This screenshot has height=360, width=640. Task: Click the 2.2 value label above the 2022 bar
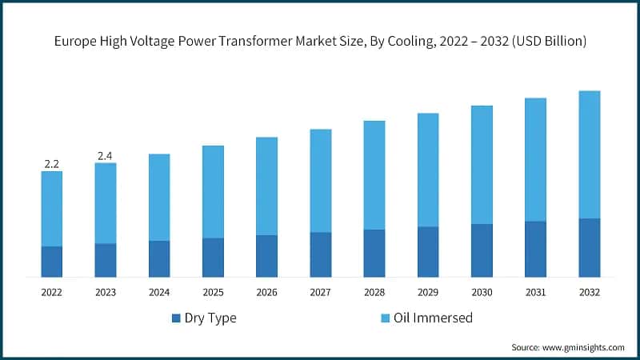point(52,164)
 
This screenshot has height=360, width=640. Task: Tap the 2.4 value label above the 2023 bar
point(105,155)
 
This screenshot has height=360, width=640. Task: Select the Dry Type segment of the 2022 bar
point(52,262)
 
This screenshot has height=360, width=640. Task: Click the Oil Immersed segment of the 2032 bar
point(589,154)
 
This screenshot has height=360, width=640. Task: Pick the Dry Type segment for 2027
point(320,254)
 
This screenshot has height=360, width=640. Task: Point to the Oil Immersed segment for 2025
point(213,192)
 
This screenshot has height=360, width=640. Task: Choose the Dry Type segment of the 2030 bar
point(482,250)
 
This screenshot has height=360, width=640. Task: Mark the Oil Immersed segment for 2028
point(374,175)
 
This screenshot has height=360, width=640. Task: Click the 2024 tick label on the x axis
point(159,293)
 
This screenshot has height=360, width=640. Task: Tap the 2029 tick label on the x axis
point(428,293)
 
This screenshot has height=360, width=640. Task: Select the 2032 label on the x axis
point(589,293)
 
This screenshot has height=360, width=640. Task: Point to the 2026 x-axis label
point(266,293)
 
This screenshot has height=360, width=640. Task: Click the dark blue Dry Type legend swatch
point(176,318)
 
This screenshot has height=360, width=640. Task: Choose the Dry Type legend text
point(210,318)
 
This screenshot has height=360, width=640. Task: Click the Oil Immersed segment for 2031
point(535,159)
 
